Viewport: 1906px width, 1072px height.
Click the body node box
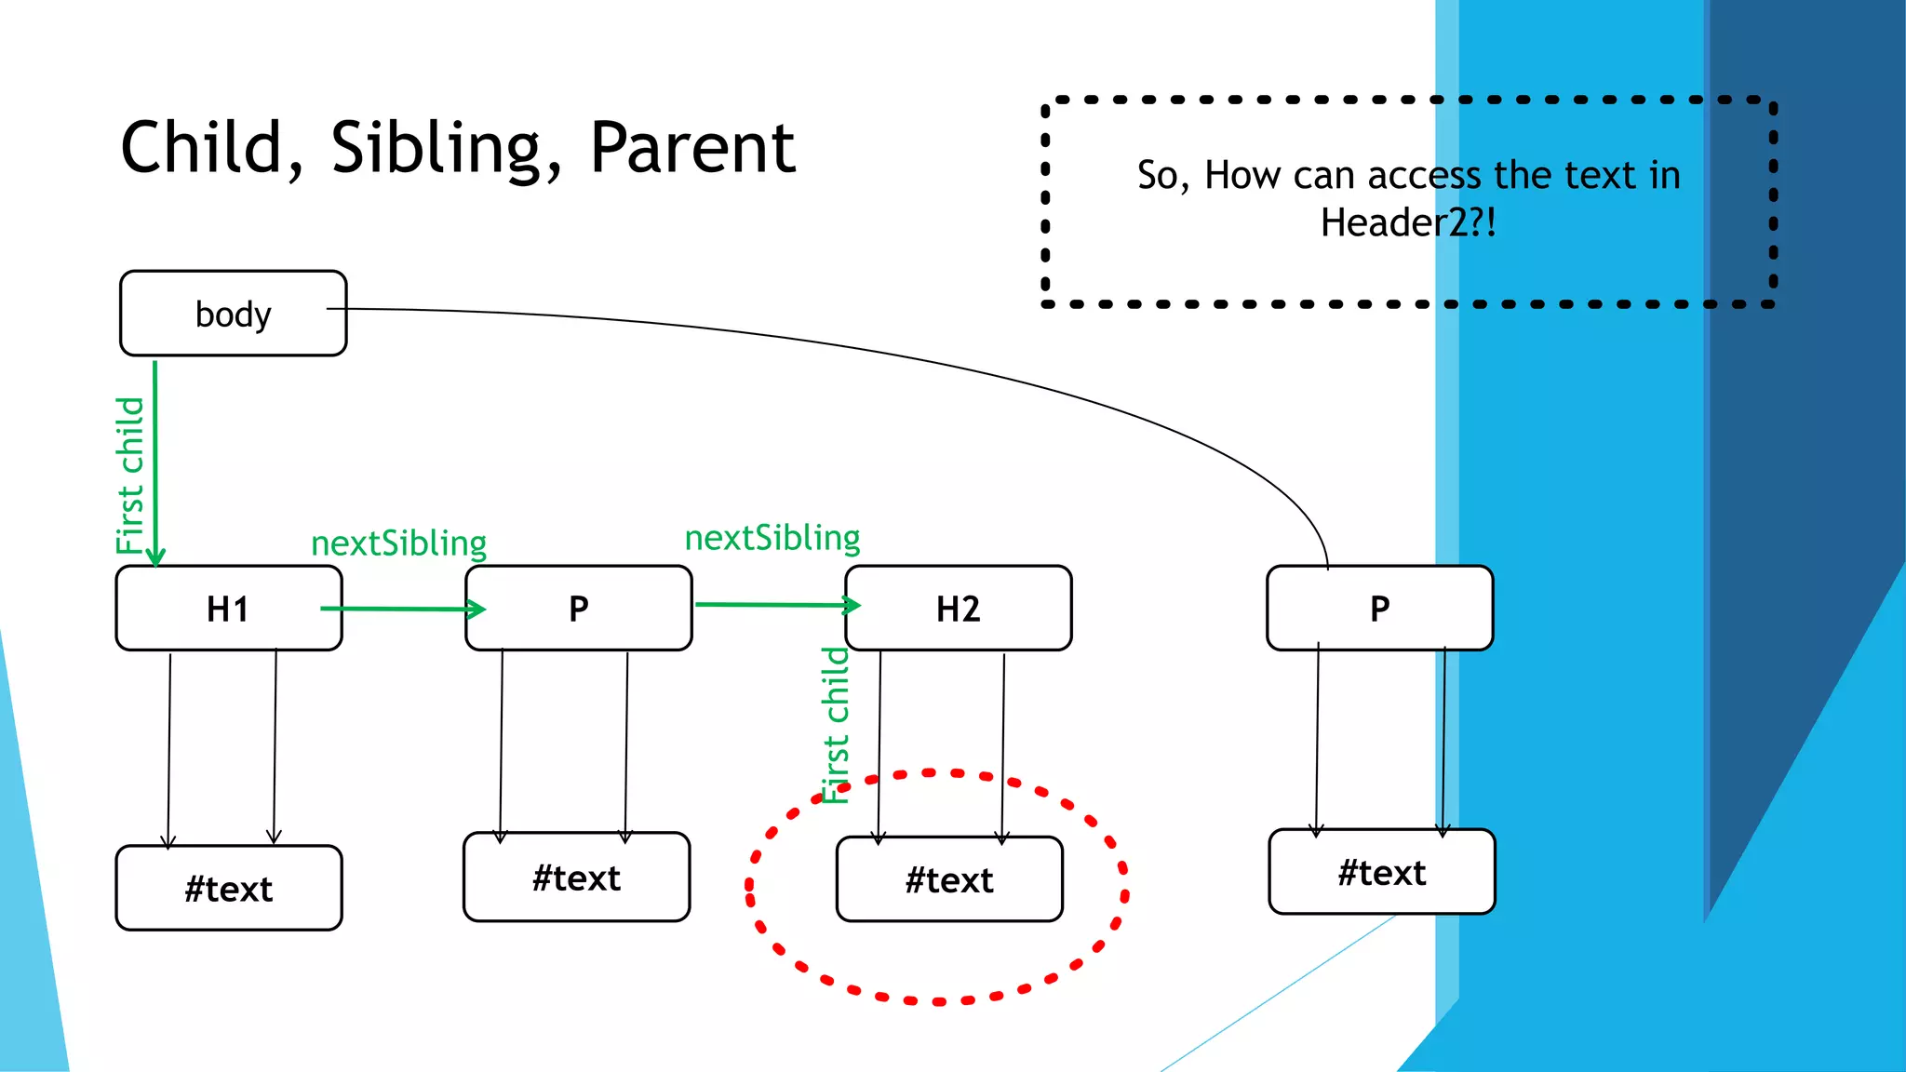click(233, 314)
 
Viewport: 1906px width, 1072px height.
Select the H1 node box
click(228, 609)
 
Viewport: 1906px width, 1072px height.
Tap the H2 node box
click(959, 609)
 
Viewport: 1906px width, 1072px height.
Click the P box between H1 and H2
click(578, 609)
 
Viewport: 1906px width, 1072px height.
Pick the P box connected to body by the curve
click(1379, 609)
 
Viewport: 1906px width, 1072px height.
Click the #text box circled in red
click(949, 879)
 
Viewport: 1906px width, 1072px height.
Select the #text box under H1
click(228, 889)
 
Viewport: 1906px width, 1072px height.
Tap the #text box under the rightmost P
click(1381, 873)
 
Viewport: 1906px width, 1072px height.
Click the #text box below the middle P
click(576, 878)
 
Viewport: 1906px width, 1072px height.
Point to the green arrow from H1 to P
click(400, 609)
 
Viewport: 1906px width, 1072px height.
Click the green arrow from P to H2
click(777, 605)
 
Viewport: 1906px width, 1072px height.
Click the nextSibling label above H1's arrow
click(398, 543)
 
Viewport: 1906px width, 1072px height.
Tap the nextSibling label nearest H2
click(772, 538)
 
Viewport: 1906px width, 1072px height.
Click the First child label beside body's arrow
click(130, 475)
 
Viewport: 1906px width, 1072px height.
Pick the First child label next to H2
click(836, 726)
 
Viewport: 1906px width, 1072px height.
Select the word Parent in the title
click(692, 149)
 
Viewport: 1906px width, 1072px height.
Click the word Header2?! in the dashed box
click(1408, 223)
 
